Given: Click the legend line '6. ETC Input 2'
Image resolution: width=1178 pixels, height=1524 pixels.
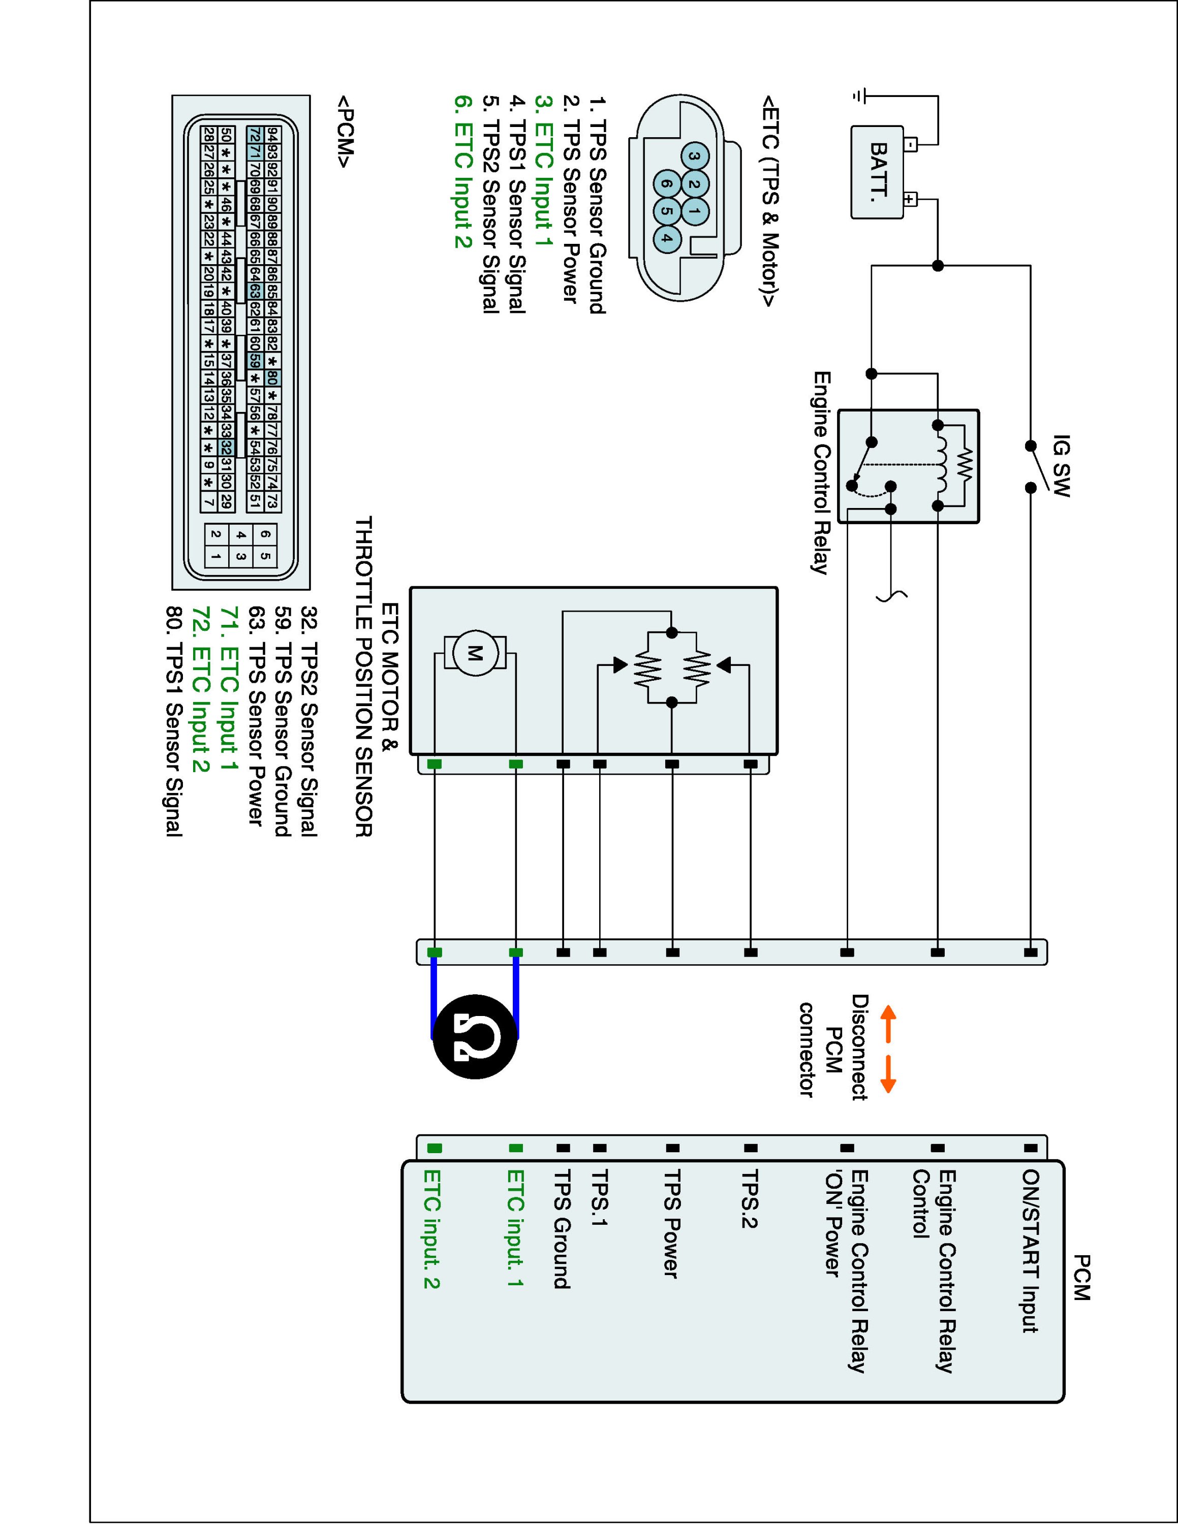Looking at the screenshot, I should pyautogui.click(x=463, y=171).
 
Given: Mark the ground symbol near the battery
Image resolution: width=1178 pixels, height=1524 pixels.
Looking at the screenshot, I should pyautogui.click(x=860, y=95).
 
